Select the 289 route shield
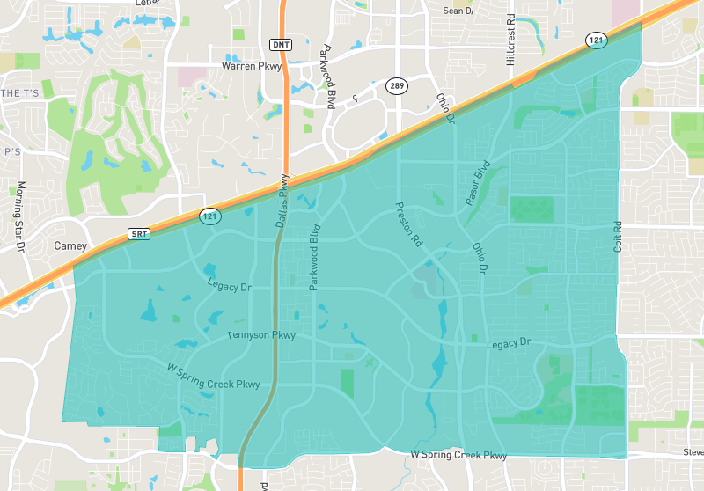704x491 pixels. tap(394, 85)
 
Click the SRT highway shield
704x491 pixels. tap(139, 233)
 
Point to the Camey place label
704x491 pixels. tap(71, 246)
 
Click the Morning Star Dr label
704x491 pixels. tap(19, 216)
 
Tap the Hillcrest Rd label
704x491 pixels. tap(510, 40)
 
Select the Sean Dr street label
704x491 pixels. tap(458, 11)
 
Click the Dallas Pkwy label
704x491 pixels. tap(282, 203)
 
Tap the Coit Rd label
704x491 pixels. tap(618, 237)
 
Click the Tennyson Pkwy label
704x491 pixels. tap(260, 335)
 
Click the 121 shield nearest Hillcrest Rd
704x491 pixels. tap(596, 40)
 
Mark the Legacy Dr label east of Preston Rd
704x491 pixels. tap(509, 342)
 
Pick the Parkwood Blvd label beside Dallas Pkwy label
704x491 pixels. tap(313, 257)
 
